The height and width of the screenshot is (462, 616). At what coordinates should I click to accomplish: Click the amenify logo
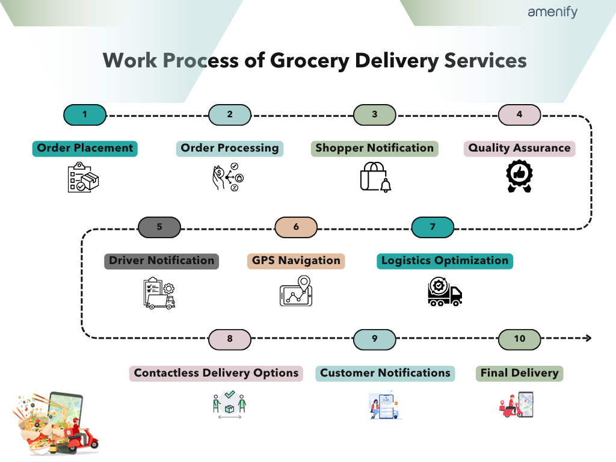pos(552,12)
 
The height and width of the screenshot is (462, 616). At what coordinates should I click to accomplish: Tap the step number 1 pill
pos(85,114)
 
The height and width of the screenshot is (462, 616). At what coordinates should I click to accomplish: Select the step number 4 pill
pos(519,114)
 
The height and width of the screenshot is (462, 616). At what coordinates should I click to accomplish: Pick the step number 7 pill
pos(432,227)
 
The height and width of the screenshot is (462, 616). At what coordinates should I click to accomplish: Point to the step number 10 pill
pos(519,339)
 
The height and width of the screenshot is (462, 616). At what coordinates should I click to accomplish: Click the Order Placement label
pos(85,148)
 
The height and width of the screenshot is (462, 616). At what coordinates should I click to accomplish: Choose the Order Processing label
pos(230,148)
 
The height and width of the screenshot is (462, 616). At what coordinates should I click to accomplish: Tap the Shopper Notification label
pos(374,148)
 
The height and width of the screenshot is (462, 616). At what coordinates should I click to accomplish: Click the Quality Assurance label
pos(519,148)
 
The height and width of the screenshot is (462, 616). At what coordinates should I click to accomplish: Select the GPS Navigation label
pos(296,260)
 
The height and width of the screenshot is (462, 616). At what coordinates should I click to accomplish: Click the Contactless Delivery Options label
pos(216,373)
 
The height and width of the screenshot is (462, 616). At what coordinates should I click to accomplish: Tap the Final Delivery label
pos(519,373)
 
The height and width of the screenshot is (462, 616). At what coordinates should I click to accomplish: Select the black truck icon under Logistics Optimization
pos(445,292)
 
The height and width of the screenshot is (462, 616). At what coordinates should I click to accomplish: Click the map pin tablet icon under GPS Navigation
pos(297,292)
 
